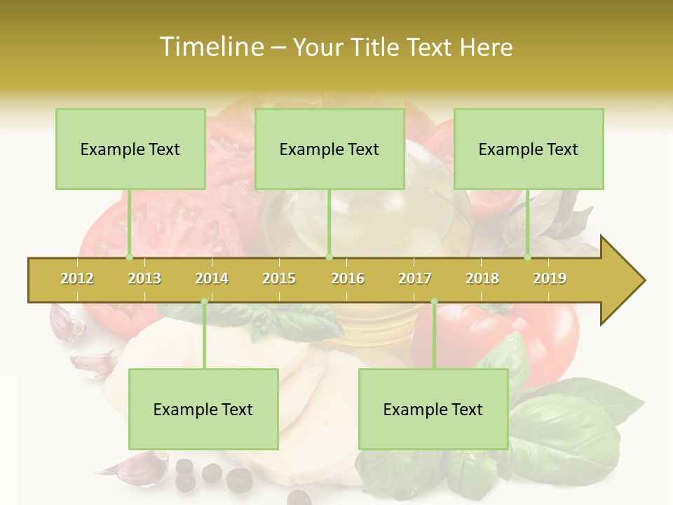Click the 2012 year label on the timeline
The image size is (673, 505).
tap(77, 278)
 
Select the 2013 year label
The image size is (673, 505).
tap(144, 278)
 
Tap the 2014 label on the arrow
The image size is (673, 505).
tap(212, 278)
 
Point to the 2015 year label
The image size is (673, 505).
tap(279, 278)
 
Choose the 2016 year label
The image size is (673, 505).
tap(348, 278)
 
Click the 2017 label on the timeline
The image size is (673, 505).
tap(415, 278)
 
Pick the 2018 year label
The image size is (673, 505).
tap(482, 278)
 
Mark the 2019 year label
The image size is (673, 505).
tap(550, 278)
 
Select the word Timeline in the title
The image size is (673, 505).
tap(210, 47)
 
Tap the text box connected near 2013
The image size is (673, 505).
tap(130, 149)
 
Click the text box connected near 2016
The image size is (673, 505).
tap(329, 149)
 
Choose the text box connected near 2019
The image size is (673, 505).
tap(529, 149)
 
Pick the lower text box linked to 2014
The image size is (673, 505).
tap(203, 409)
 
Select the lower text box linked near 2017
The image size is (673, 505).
tap(433, 409)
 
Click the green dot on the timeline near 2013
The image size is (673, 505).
tap(129, 257)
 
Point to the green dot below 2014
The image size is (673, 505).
tap(204, 302)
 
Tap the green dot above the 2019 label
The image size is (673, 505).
tap(528, 257)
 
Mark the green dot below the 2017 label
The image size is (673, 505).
tap(434, 302)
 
